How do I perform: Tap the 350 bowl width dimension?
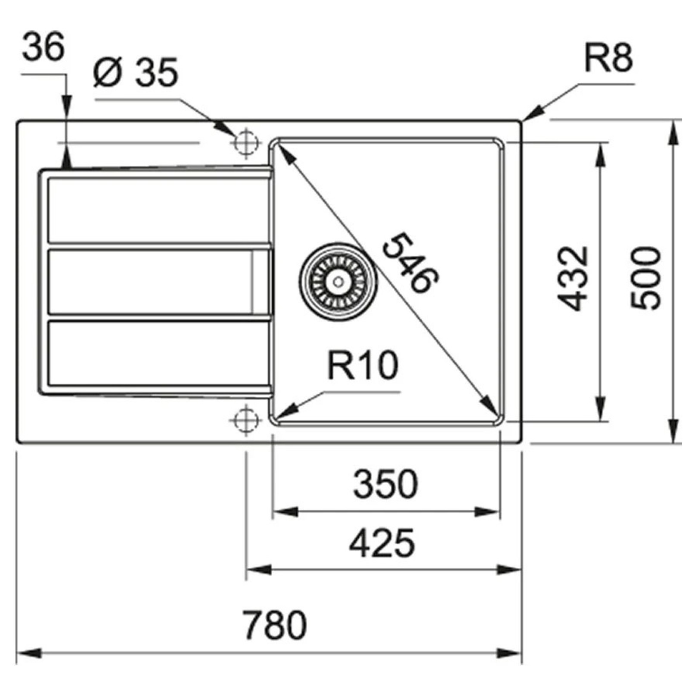pyautogui.click(x=386, y=484)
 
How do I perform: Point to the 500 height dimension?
pyautogui.click(x=646, y=278)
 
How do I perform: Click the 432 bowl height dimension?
pyautogui.click(x=573, y=279)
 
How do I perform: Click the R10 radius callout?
pyautogui.click(x=363, y=366)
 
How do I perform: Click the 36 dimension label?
pyautogui.click(x=43, y=47)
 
